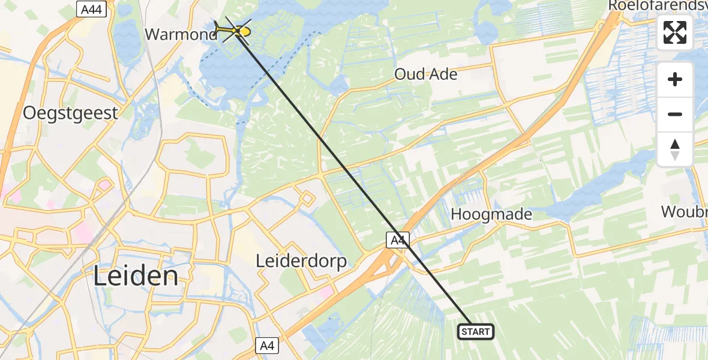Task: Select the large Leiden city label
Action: click(136, 277)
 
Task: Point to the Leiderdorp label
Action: click(301, 262)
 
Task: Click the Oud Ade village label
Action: click(425, 74)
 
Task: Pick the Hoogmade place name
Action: click(491, 214)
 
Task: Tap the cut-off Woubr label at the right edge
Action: click(684, 212)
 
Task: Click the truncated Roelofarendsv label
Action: click(658, 5)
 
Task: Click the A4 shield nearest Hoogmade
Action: click(397, 241)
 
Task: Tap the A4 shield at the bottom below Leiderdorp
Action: click(268, 346)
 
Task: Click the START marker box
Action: click(476, 331)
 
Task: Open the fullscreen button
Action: click(675, 32)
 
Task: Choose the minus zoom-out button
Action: click(675, 114)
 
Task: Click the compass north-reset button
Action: click(675, 149)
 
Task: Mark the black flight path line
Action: click(354, 180)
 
